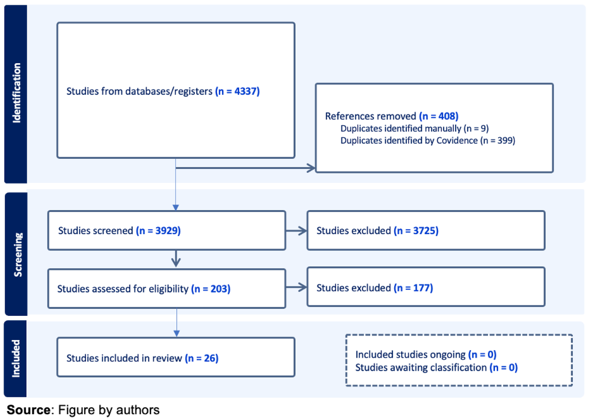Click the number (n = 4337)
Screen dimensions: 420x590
click(237, 91)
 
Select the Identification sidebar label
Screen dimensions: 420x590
click(16, 93)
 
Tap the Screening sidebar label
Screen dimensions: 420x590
click(18, 255)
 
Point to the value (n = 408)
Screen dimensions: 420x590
click(439, 116)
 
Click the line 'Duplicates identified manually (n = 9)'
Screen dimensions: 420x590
click(414, 129)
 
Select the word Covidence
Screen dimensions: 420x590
click(457, 140)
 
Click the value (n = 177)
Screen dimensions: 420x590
click(413, 288)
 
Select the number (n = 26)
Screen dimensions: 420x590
click(202, 358)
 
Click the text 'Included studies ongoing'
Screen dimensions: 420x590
click(410, 354)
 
